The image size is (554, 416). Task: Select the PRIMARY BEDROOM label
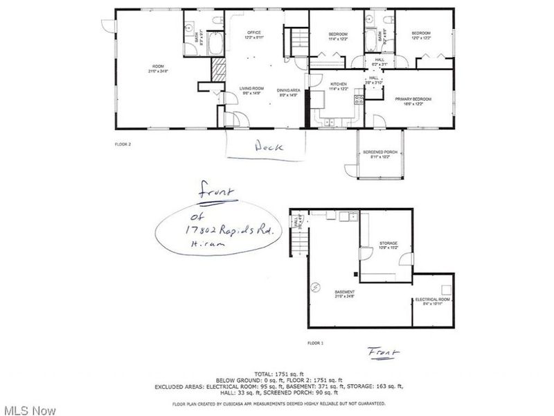(413, 99)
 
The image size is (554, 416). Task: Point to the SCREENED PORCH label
(380, 153)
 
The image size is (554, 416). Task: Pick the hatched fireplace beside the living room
(219, 69)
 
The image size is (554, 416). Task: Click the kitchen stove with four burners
(359, 101)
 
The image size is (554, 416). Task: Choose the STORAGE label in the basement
(386, 243)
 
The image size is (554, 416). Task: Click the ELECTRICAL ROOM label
(433, 300)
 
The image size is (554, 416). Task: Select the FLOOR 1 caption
(316, 342)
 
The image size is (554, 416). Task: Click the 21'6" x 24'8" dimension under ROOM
(158, 71)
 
